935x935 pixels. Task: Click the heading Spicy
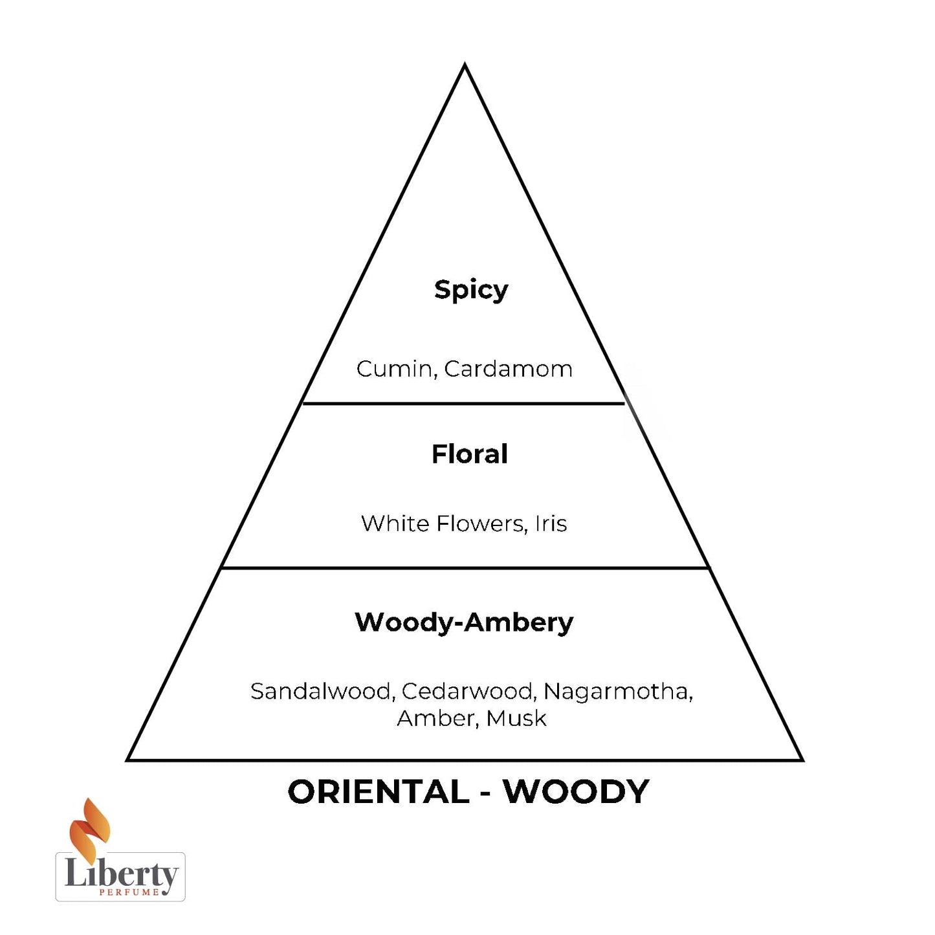470,290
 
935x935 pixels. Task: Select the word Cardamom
508,369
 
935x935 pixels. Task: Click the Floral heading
470,454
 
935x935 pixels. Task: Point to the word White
395,523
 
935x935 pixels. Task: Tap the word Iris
551,523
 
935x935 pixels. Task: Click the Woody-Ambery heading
464,622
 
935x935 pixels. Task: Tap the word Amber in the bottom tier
437,719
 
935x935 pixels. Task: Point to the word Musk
516,719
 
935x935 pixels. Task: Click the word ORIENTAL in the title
379,792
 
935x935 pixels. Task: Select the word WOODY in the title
576,792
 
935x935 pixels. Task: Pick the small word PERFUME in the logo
129,892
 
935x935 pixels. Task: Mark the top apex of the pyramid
465,65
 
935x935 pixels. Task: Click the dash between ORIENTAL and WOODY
486,793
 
